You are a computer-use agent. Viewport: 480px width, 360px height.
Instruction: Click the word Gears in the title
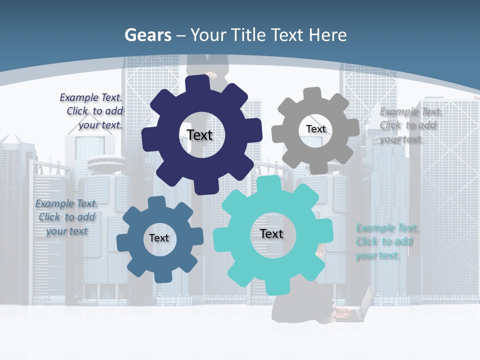click(147, 35)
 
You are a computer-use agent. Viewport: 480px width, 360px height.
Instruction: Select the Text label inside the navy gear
click(199, 135)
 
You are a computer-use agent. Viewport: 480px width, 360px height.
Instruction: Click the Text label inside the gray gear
click(315, 129)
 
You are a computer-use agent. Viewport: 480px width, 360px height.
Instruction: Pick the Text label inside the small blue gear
click(158, 238)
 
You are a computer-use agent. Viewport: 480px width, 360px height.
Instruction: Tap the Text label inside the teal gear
click(271, 233)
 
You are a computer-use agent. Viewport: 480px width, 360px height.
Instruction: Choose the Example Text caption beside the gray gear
click(410, 125)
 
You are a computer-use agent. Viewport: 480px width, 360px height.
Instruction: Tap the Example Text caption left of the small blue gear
click(66, 217)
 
